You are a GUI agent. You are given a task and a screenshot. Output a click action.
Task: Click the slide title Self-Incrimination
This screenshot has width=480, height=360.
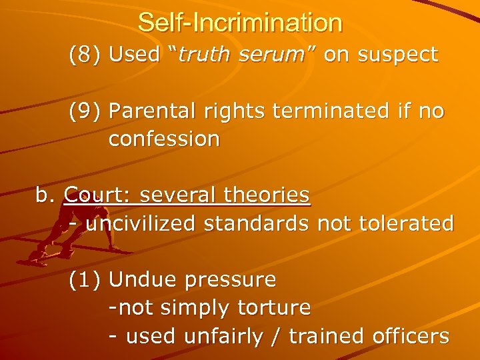coord(240,23)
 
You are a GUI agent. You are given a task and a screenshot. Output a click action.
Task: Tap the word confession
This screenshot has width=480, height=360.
coord(164,139)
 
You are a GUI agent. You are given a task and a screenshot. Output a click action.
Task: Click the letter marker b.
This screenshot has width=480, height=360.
coord(44,195)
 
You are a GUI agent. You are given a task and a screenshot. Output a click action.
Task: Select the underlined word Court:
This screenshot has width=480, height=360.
coord(94,195)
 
